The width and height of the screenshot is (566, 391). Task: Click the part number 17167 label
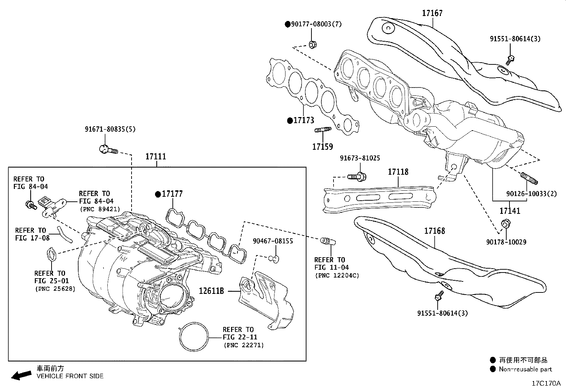click(x=432, y=13)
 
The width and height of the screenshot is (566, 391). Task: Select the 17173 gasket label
click(x=304, y=121)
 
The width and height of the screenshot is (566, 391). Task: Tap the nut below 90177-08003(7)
click(x=313, y=45)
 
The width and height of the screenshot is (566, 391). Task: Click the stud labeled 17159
click(x=322, y=130)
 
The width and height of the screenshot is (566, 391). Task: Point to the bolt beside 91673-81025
click(x=357, y=176)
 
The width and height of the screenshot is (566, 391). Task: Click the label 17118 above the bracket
click(x=398, y=172)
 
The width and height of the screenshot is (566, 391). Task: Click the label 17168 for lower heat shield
click(x=434, y=231)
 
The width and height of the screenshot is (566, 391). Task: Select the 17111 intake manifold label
click(x=155, y=157)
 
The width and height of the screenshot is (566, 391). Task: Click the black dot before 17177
click(x=157, y=194)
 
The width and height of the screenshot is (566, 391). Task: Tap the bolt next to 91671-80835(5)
click(x=107, y=149)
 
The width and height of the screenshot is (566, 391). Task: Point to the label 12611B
click(x=211, y=291)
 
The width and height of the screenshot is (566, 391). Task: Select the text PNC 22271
click(x=244, y=345)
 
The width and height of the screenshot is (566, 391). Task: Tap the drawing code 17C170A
click(x=546, y=384)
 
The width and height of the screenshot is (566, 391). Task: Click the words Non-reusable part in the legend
click(x=525, y=369)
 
